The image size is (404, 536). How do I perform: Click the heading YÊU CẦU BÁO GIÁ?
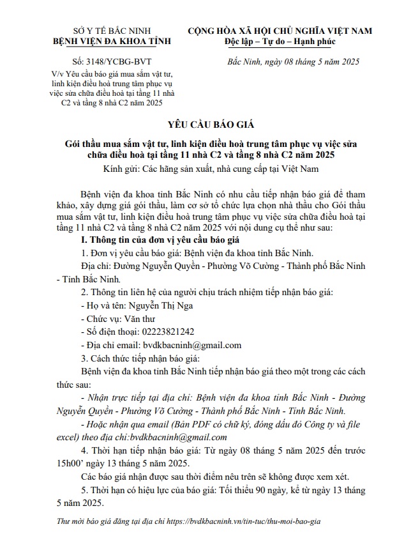coord(202,124)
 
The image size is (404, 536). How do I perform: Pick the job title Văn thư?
coord(142,319)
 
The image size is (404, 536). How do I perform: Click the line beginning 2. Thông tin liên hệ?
coord(202,293)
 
